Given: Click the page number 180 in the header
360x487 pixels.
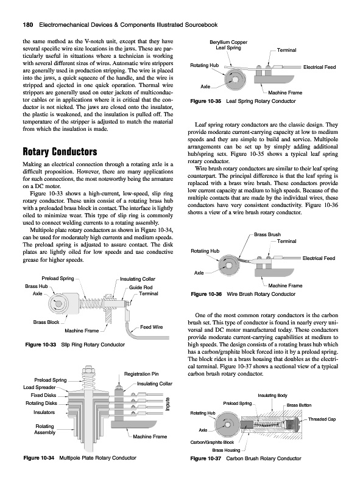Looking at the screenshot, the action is [x=29, y=25].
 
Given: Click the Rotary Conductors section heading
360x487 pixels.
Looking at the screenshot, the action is [x=60, y=152].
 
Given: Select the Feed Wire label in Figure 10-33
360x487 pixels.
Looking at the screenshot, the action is [x=152, y=327].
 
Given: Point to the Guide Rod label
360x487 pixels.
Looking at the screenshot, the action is [x=141, y=287].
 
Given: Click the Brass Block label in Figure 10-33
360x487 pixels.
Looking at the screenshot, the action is [x=46, y=322].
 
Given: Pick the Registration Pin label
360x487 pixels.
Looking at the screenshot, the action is [x=141, y=374].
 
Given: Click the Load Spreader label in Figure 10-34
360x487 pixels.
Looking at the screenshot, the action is [x=40, y=387].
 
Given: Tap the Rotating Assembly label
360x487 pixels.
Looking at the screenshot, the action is [x=44, y=429].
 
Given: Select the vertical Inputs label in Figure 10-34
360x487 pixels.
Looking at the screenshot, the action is [x=168, y=404].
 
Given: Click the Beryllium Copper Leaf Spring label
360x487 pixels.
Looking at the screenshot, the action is [x=228, y=45].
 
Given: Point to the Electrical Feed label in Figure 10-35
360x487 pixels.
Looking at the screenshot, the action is [x=320, y=67].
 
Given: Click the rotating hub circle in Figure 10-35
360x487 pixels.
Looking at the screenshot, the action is [x=234, y=78].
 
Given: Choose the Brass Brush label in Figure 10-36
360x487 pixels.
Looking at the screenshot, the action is [x=267, y=234].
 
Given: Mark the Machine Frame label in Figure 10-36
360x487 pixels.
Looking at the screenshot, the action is [x=285, y=286].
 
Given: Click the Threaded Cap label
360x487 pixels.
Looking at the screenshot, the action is [x=322, y=419].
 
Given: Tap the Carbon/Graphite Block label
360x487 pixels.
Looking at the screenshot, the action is [x=212, y=442].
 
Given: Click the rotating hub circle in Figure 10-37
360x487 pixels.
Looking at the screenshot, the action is [x=227, y=425].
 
